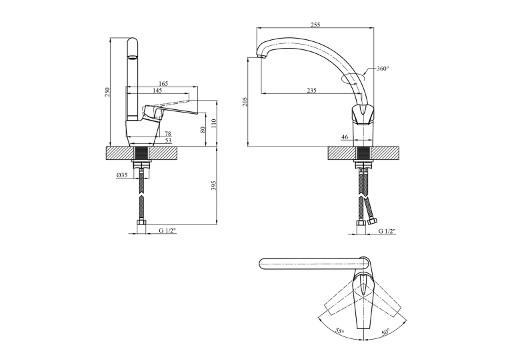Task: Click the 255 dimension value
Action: pyautogui.click(x=315, y=25)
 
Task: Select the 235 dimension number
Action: pyautogui.click(x=311, y=91)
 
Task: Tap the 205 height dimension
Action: pyautogui.click(x=245, y=102)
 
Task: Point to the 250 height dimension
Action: pyautogui.click(x=108, y=92)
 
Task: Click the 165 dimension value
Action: pyautogui.click(x=163, y=83)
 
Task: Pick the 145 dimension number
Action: pyautogui.click(x=157, y=91)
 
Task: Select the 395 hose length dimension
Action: pyautogui.click(x=214, y=186)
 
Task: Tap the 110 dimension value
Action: pyautogui.click(x=214, y=123)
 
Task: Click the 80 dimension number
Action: pyautogui.click(x=203, y=129)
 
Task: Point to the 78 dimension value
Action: pyautogui.click(x=168, y=134)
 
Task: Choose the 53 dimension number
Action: pyautogui.click(x=168, y=141)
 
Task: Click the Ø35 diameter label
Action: pyautogui.click(x=121, y=175)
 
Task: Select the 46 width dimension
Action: pyautogui.click(x=345, y=137)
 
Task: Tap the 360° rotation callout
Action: pyautogui.click(x=383, y=69)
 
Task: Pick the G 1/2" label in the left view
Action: pyautogui.click(x=167, y=230)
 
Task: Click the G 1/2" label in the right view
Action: pyautogui.click(x=387, y=231)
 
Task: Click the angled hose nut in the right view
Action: pyautogui.click(x=372, y=221)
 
